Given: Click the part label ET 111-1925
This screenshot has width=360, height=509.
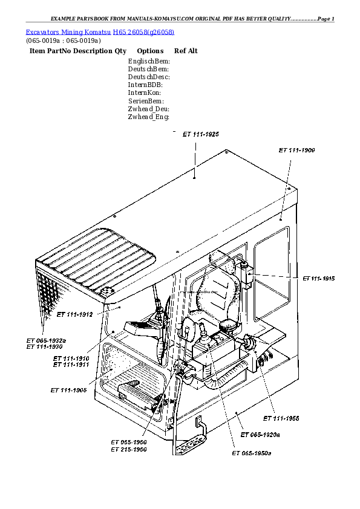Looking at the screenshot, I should pyautogui.click(x=201, y=134).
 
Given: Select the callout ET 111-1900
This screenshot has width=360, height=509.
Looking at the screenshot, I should pyautogui.click(x=296, y=149).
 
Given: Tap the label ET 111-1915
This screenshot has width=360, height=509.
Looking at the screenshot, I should pyautogui.click(x=319, y=278).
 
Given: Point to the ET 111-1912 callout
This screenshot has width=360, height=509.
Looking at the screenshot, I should pyautogui.click(x=74, y=314).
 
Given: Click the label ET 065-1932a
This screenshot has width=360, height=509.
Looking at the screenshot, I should pyautogui.click(x=46, y=341).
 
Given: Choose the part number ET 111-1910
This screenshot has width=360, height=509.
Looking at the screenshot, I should pyautogui.click(x=71, y=359).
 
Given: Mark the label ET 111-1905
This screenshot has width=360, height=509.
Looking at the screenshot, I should pyautogui.click(x=69, y=390).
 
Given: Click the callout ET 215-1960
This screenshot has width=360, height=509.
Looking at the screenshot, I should pyautogui.click(x=128, y=450).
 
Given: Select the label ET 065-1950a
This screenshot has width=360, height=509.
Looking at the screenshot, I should pyautogui.click(x=252, y=453).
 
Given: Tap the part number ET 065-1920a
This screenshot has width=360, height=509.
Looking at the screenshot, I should pyautogui.click(x=260, y=435).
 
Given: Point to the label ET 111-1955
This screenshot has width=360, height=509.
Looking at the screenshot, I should pyautogui.click(x=281, y=418).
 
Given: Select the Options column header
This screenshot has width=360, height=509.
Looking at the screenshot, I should pyautogui.click(x=150, y=51).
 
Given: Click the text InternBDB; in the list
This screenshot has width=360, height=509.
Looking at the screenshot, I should pyautogui.click(x=146, y=85).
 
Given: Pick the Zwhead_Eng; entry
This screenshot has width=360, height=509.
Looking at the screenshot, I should pyautogui.click(x=148, y=117).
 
